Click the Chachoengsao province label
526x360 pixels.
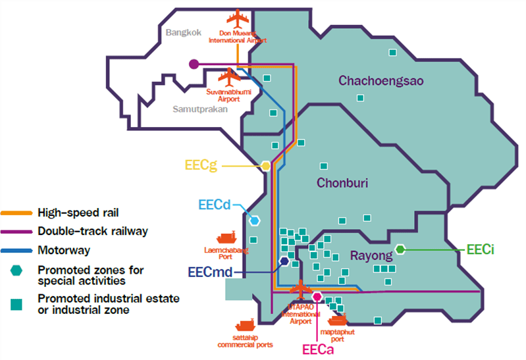coord(381,81)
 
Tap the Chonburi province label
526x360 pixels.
coord(342,183)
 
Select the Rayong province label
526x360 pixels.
coord(371,255)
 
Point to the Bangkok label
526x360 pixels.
coord(184,32)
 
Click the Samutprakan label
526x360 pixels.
coord(200,109)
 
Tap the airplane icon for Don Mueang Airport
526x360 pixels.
coord(238,19)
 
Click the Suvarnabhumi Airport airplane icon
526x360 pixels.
coord(229,78)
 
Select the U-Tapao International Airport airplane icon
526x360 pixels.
coord(301,289)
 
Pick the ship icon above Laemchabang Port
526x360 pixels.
coord(226,238)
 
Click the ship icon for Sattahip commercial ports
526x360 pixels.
coord(246,324)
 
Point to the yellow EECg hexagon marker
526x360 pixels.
coord(266,166)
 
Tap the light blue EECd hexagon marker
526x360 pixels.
coord(255,220)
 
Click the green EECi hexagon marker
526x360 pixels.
coord(400,249)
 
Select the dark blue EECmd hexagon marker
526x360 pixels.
coord(284,261)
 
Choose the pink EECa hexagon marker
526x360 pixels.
coord(317,297)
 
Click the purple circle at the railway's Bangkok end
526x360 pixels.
coord(194,64)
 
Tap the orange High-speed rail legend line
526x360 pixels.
coord(16,213)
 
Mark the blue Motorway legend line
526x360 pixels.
coord(16,251)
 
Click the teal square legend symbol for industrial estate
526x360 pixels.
coord(16,305)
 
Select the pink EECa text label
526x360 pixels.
coord(318,349)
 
